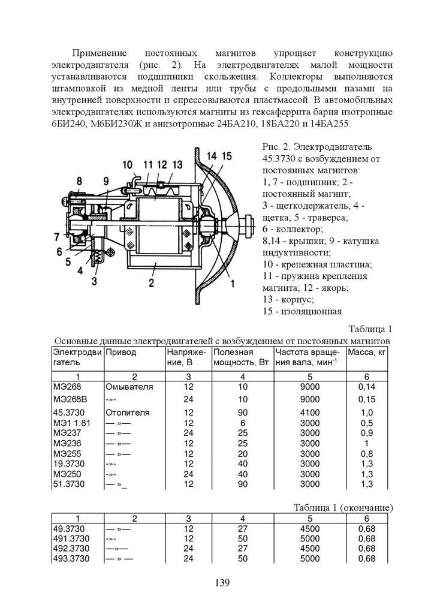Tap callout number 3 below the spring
point(94,279)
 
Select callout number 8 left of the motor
point(79,180)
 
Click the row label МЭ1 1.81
point(70,423)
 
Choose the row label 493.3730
point(71,558)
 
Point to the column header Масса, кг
point(367,352)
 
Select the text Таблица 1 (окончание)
point(343,507)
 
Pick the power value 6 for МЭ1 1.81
point(242,423)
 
